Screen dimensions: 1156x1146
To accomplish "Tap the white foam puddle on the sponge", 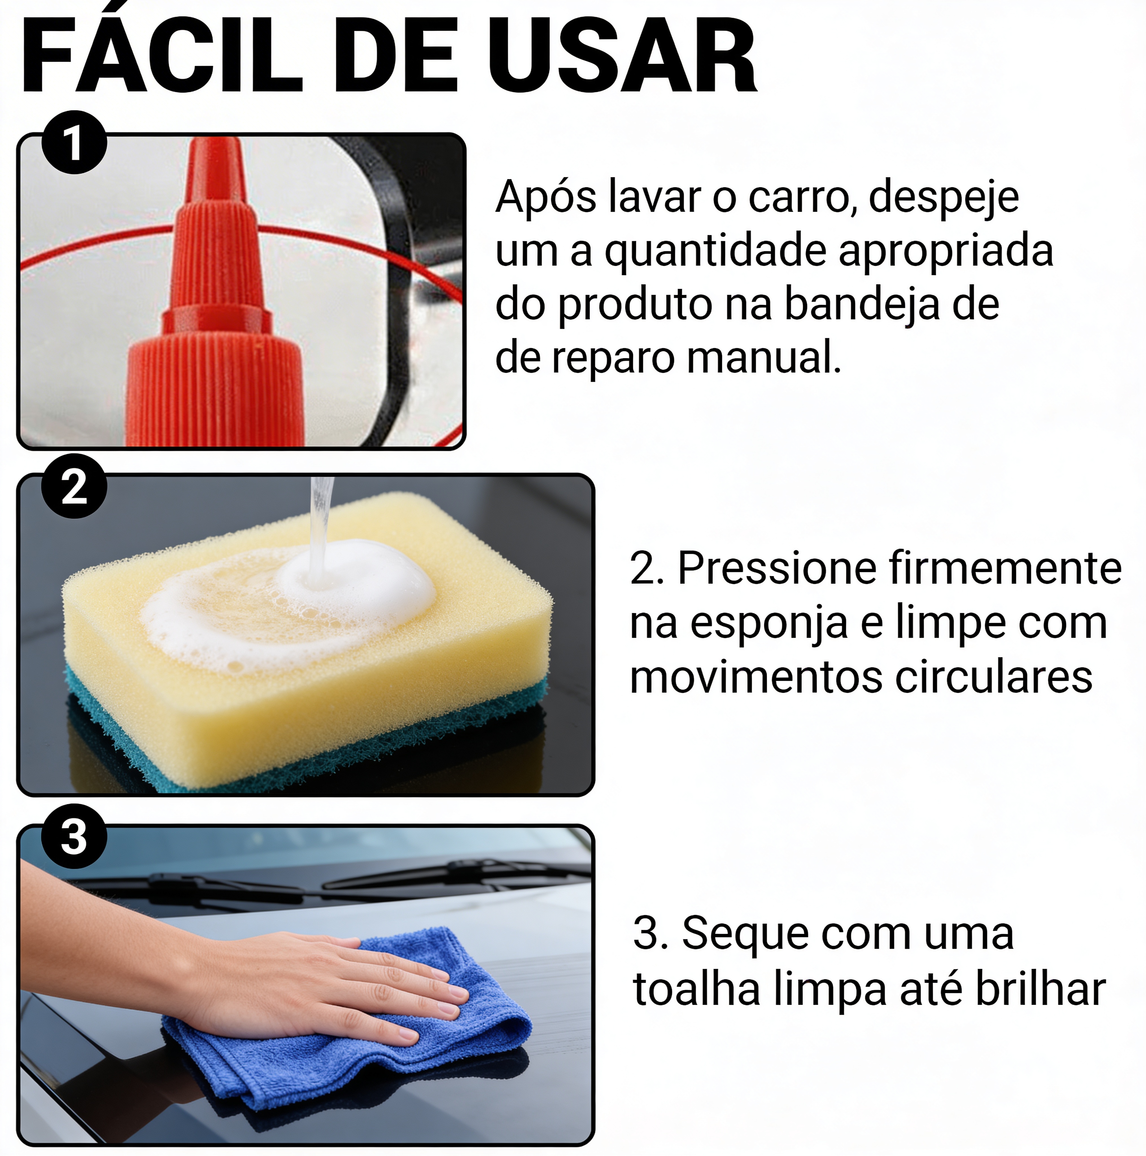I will coord(359,580).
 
